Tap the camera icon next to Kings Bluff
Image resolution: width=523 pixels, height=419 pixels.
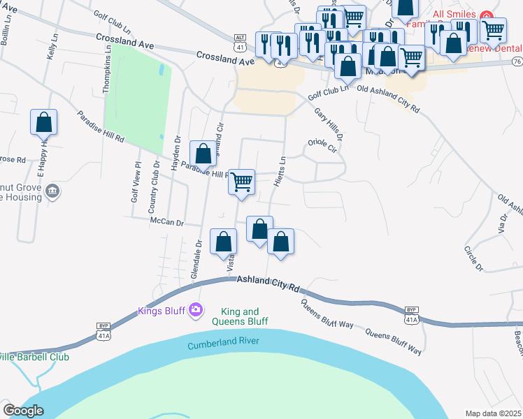pyautogui.click(x=196, y=309)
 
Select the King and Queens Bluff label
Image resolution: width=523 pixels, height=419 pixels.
pyautogui.click(x=240, y=316)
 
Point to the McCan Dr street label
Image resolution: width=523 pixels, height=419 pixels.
pyautogui.click(x=166, y=223)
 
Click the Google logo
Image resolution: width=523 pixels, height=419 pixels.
pyautogui.click(x=23, y=411)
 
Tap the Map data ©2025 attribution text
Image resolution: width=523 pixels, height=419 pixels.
pyautogui.click(x=492, y=413)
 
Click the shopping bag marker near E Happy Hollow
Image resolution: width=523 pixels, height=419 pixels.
pyautogui.click(x=44, y=122)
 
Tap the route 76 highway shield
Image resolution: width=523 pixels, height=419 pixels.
pyautogui.click(x=517, y=62)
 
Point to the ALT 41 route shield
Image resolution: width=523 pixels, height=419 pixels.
pyautogui.click(x=241, y=43)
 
